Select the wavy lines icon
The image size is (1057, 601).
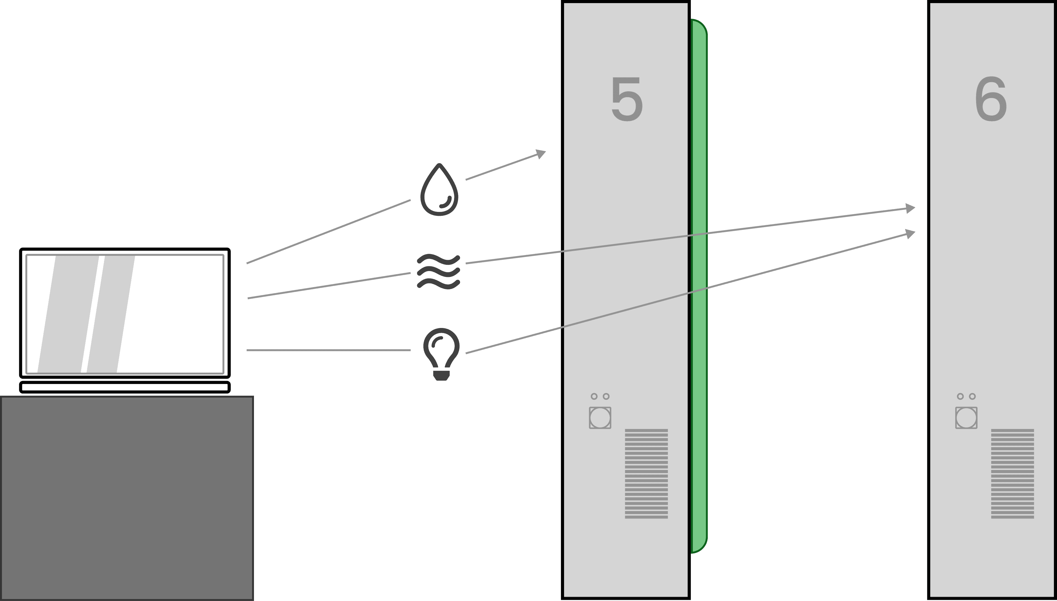439,272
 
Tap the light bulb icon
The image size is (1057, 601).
441,353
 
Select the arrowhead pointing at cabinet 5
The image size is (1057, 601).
541,154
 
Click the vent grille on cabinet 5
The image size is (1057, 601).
646,473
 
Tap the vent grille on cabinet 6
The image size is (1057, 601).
1012,473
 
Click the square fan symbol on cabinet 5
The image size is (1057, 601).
600,418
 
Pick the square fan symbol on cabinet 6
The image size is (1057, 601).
966,418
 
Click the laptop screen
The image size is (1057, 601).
125,314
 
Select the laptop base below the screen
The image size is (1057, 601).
125,387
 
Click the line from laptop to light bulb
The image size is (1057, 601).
328,350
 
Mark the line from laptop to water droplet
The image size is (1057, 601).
328,232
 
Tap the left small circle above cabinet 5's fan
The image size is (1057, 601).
594,396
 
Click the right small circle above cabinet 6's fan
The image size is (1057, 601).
972,396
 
